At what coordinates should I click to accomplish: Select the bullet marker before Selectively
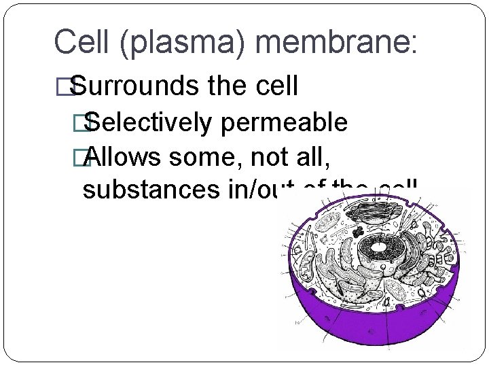pos(86,124)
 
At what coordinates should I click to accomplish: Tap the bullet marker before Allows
pos(86,158)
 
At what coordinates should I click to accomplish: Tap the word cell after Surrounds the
pos(274,87)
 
